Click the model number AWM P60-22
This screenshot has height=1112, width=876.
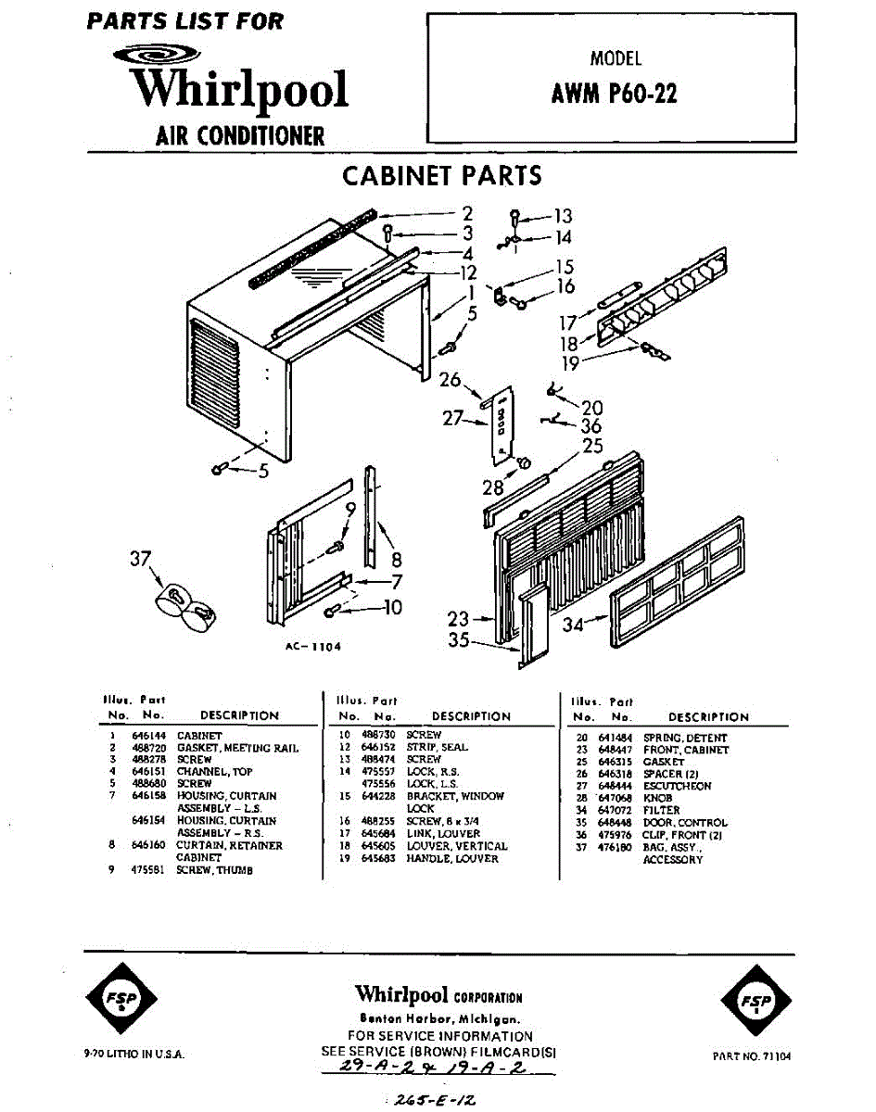[614, 94]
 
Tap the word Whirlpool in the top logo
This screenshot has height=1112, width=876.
[239, 89]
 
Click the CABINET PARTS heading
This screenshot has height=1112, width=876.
[442, 176]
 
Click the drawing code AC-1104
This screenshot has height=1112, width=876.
[313, 647]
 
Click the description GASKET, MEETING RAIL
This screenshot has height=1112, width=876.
[237, 747]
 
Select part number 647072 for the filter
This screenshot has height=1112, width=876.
[615, 810]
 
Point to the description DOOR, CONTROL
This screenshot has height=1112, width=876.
[684, 822]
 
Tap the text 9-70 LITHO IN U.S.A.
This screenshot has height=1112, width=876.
[133, 1055]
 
